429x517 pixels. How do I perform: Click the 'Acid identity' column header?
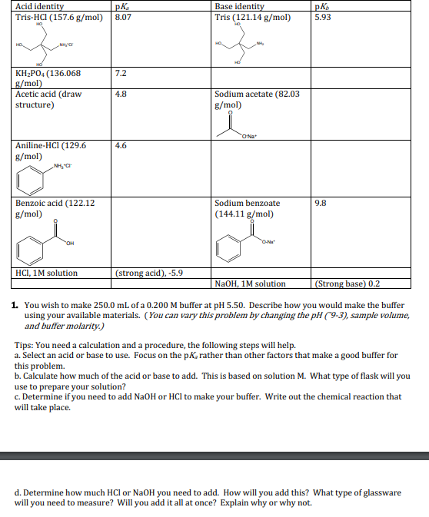39,6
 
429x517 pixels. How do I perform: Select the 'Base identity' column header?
239,6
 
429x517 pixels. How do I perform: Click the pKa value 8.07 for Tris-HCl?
123,16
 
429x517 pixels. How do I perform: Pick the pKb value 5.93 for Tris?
324,16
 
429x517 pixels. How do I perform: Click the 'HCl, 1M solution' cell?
47,272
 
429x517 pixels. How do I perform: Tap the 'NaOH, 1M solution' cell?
251,283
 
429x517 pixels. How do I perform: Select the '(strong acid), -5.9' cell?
149,272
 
